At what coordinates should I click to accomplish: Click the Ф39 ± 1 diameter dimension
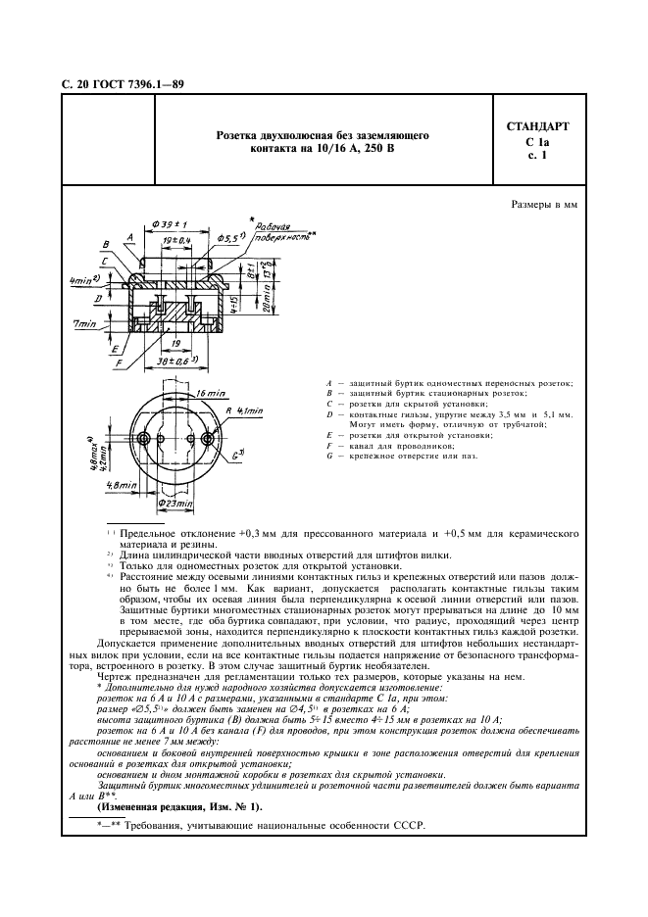[x=169, y=224]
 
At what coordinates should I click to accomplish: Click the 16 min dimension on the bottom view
[x=183, y=392]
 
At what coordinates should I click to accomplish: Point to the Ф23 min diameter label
[x=174, y=503]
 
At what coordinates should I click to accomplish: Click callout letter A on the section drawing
[x=130, y=236]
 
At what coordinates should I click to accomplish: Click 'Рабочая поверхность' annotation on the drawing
[x=272, y=230]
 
